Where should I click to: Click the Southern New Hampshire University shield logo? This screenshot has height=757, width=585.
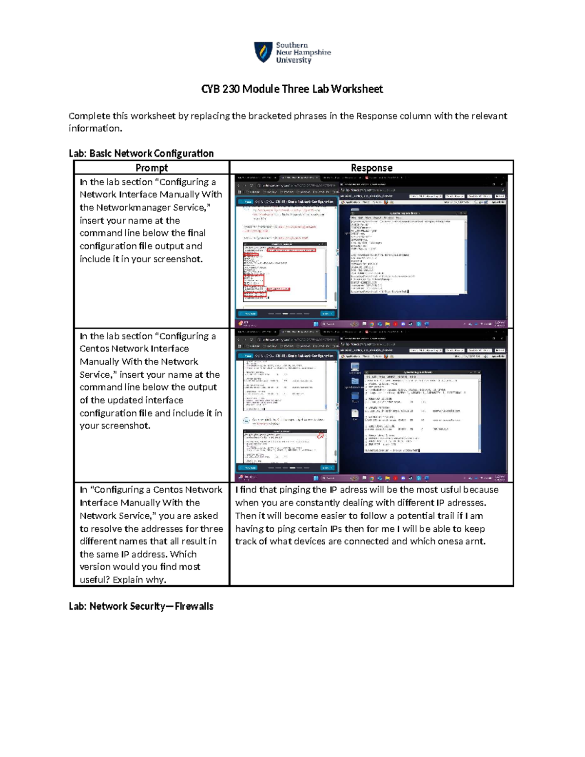tap(263, 52)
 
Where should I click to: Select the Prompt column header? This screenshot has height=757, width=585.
tap(152, 168)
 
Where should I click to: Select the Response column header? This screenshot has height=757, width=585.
tap(371, 168)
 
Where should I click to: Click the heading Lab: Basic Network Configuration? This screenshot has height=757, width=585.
tap(141, 154)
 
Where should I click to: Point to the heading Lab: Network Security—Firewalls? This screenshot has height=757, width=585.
tap(141, 606)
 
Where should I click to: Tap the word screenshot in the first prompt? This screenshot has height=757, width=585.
tap(177, 259)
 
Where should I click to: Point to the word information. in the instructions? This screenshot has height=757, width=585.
tap(95, 129)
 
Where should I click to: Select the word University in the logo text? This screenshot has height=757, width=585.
tap(293, 60)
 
